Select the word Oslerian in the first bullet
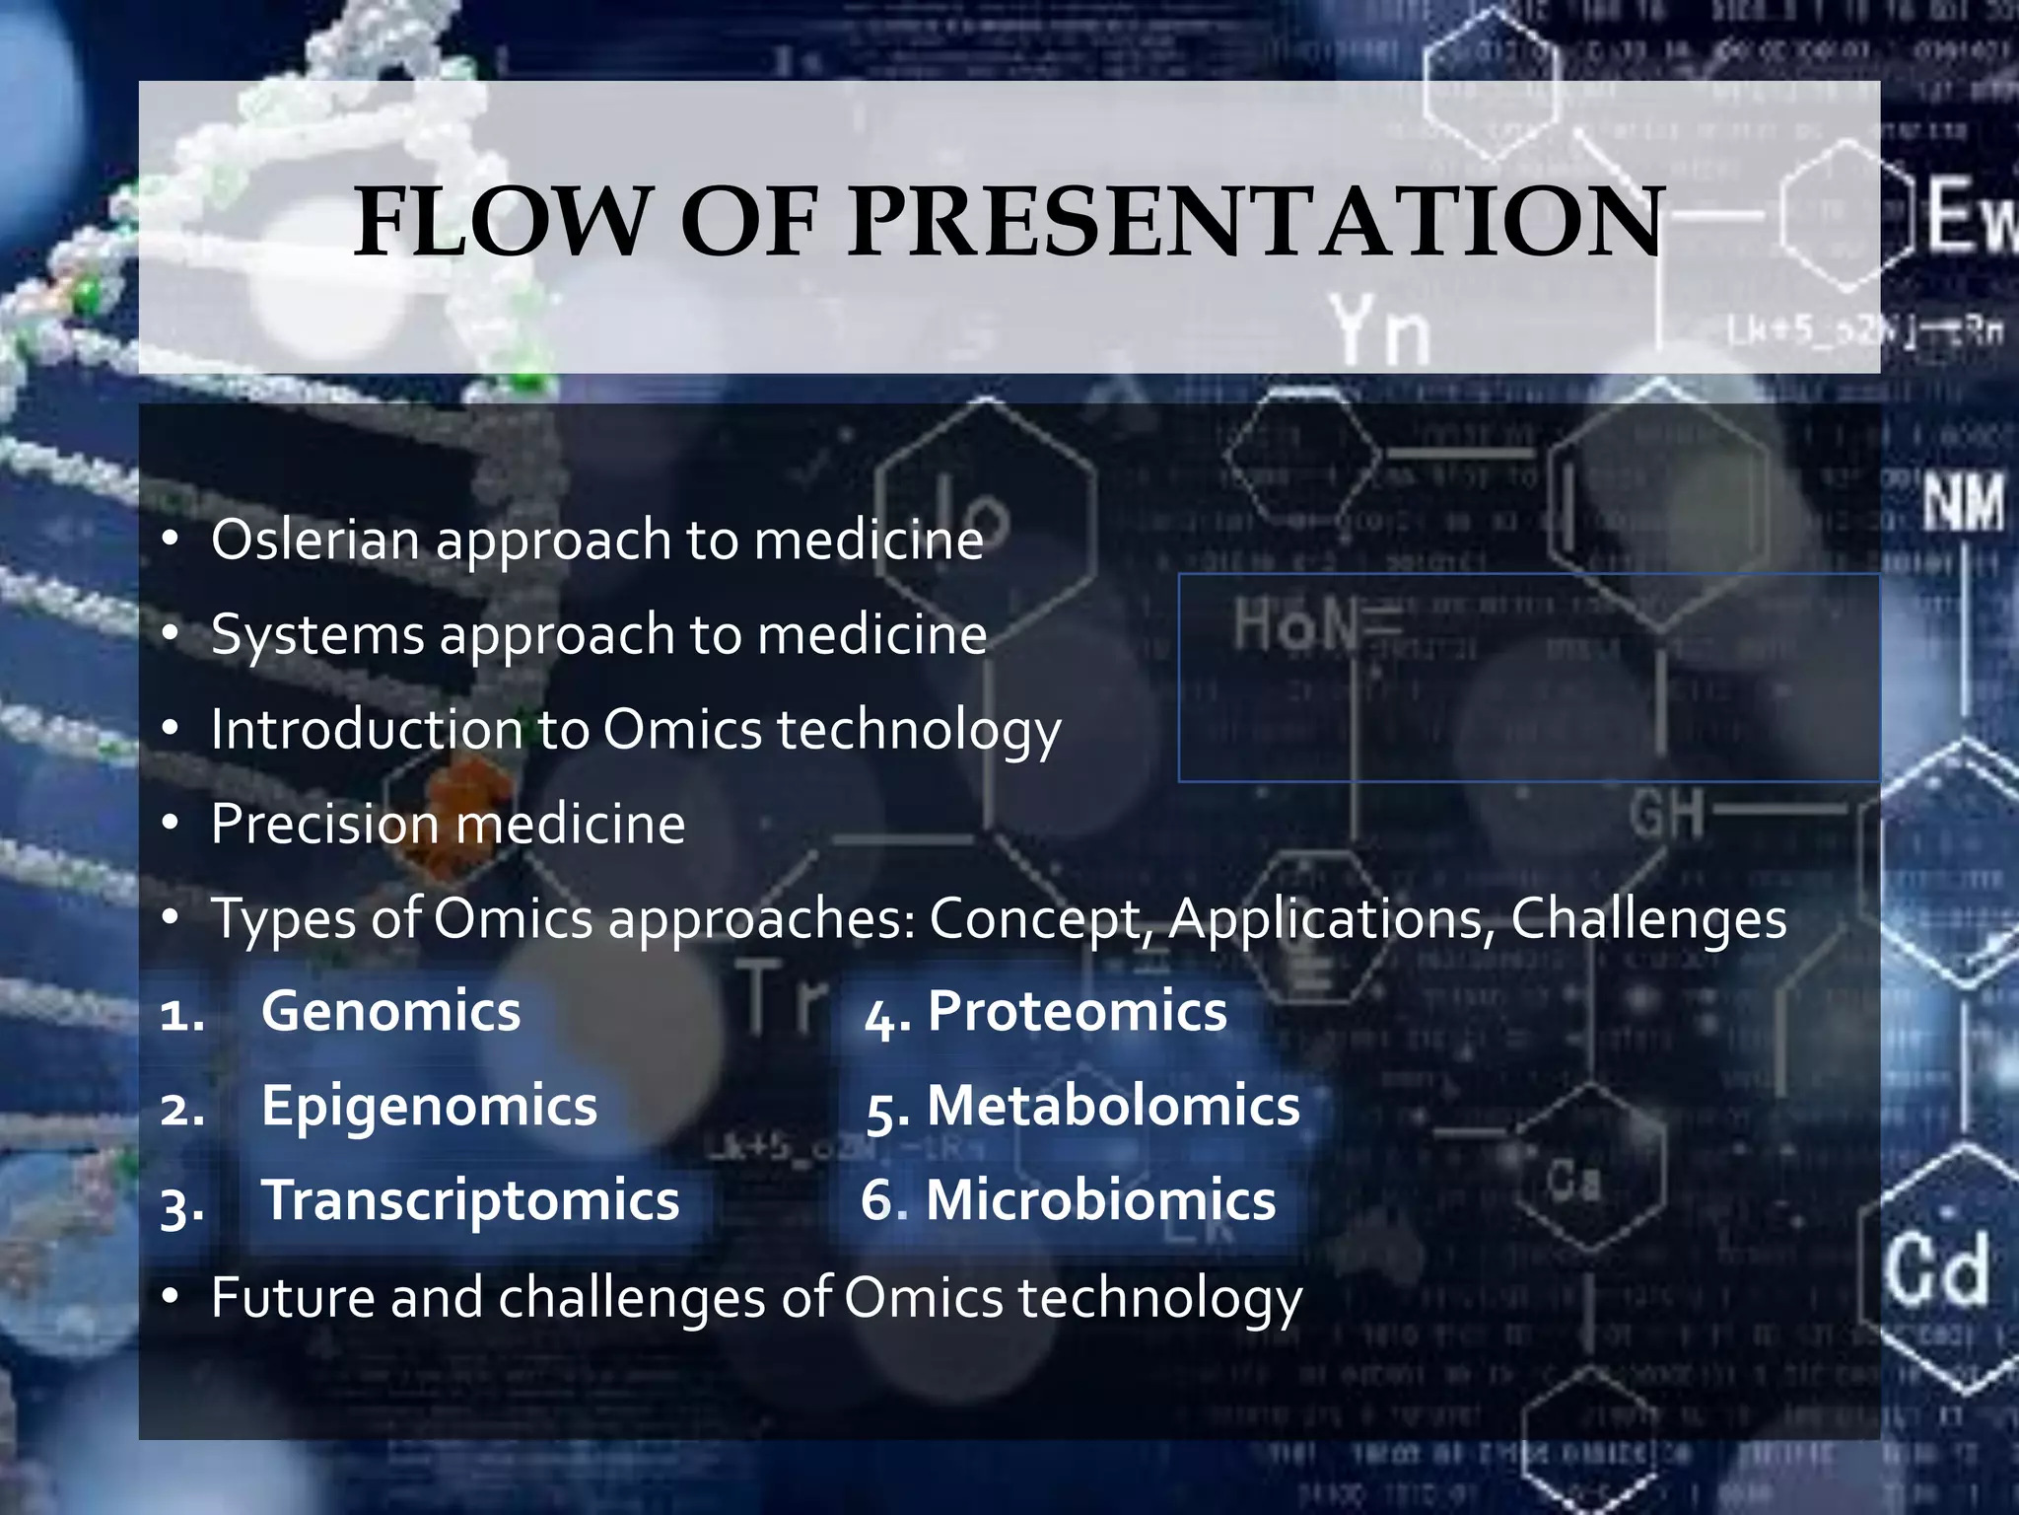pos(316,541)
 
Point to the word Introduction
pos(366,730)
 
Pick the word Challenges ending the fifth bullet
pos(1647,919)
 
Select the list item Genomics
pos(390,1012)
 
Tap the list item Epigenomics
pos(429,1106)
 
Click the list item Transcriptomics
pos(470,1200)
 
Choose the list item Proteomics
pos(1077,1012)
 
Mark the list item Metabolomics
pos(1113,1106)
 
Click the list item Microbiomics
pos(1100,1200)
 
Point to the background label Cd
pos(1937,1271)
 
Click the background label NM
pos(1963,502)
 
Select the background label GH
pos(1667,815)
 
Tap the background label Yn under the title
pos(1379,331)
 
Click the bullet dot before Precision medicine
pos(171,824)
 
